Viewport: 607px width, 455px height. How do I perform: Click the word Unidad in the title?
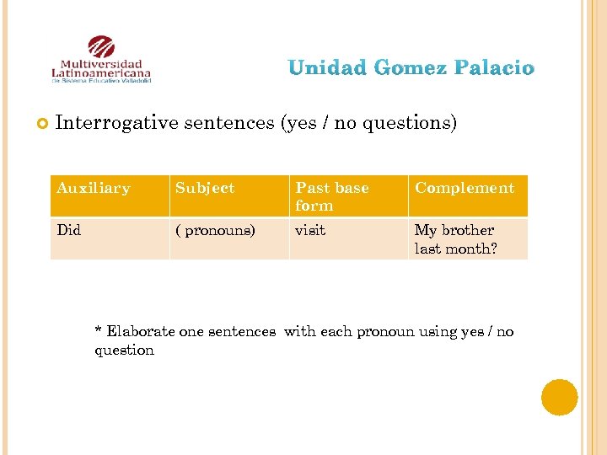click(326, 67)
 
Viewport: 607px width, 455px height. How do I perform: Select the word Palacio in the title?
click(494, 67)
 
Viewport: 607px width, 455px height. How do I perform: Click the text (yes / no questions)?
click(368, 123)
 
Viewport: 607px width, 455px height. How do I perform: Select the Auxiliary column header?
click(94, 188)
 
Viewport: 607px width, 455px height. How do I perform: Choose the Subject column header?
click(205, 188)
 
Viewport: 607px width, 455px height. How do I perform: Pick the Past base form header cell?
click(332, 196)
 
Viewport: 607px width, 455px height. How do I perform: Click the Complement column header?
click(464, 188)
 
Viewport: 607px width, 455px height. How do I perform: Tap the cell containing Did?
click(69, 230)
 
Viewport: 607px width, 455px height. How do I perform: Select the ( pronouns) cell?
click(215, 230)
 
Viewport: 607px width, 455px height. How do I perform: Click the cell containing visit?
click(310, 230)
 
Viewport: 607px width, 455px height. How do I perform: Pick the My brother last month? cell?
click(455, 239)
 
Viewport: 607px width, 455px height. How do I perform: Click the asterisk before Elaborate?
click(99, 331)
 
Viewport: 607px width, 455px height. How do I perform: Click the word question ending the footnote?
click(124, 351)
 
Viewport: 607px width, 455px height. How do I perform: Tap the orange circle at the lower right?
click(559, 397)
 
